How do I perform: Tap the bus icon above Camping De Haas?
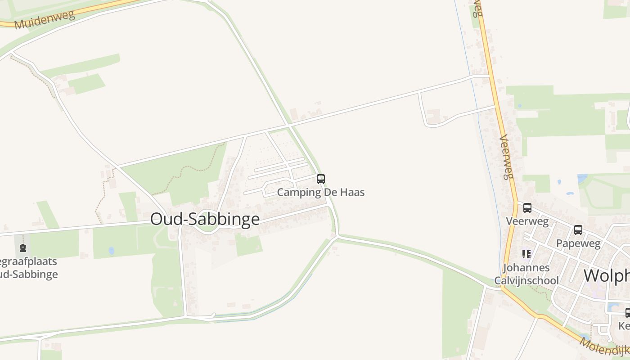tap(321, 179)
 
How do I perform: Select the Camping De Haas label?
tap(320, 193)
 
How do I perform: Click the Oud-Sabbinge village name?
tap(205, 219)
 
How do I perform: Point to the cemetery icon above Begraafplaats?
tap(23, 247)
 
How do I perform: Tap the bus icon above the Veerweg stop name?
tap(527, 208)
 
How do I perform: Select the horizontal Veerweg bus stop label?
tap(527, 221)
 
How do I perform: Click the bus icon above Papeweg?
tap(578, 230)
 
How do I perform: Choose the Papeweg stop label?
tap(578, 243)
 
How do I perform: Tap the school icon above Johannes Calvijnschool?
tap(526, 254)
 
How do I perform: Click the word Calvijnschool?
tap(526, 281)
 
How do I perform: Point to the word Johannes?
tap(526, 268)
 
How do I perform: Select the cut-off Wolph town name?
tap(606, 275)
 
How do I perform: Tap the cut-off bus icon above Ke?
tap(627, 312)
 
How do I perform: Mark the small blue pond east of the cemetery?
tap(111, 251)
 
